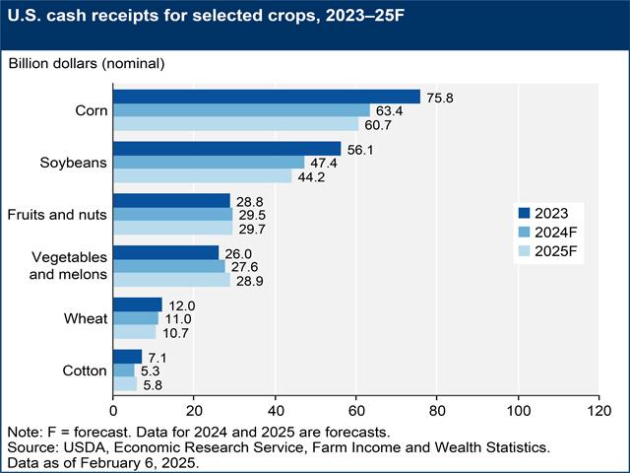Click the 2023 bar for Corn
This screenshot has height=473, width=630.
tap(267, 96)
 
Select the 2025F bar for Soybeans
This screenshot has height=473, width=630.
tap(203, 176)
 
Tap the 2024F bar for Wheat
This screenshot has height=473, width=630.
tap(136, 318)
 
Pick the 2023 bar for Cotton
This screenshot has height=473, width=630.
tap(128, 356)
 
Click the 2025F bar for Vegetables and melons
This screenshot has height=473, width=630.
tap(171, 280)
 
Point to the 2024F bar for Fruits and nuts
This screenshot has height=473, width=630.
tap(173, 214)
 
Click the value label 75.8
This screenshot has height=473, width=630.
tap(441, 97)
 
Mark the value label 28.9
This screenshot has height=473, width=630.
tap(251, 281)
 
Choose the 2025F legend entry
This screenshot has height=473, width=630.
tap(550, 251)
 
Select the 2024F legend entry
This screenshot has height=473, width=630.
tap(550, 232)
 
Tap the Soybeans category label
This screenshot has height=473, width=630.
tap(76, 163)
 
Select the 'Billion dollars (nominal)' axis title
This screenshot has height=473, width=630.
tap(86, 63)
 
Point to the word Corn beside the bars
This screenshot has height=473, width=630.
tap(90, 110)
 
